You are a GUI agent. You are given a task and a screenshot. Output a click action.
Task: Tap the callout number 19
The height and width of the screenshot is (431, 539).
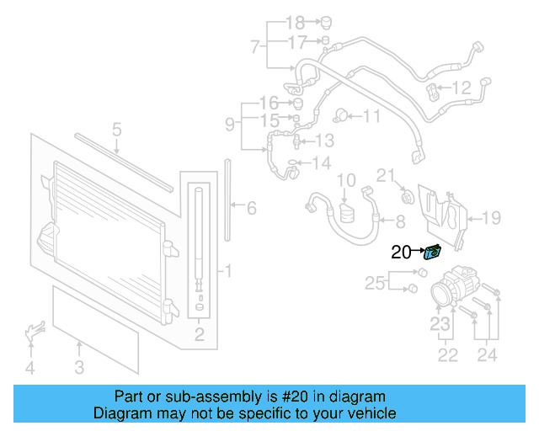490,219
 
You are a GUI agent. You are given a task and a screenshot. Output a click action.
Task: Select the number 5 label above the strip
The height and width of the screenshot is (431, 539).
117,130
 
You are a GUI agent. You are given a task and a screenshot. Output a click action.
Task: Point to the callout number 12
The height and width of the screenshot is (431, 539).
462,88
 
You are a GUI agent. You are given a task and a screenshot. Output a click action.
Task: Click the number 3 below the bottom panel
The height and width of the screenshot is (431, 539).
78,367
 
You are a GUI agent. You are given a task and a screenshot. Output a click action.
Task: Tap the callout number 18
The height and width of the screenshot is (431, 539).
295,22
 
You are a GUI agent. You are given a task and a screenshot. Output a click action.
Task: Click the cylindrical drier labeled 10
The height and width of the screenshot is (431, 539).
348,210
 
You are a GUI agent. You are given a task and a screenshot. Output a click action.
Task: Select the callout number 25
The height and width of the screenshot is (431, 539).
375,283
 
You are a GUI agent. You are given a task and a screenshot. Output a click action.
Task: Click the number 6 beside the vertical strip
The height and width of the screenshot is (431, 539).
251,207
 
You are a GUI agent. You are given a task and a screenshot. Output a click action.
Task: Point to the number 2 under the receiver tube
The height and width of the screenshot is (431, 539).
199,337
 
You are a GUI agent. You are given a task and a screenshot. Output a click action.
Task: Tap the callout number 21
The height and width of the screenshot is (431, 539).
386,175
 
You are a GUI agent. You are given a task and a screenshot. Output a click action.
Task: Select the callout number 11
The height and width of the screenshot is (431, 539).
371,116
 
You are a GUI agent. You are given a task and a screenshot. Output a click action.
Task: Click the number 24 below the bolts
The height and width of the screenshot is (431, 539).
488,355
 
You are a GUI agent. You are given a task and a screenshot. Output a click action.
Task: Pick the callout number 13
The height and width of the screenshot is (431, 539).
324,140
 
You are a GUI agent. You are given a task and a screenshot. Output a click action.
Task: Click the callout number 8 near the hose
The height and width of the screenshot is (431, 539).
399,221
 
